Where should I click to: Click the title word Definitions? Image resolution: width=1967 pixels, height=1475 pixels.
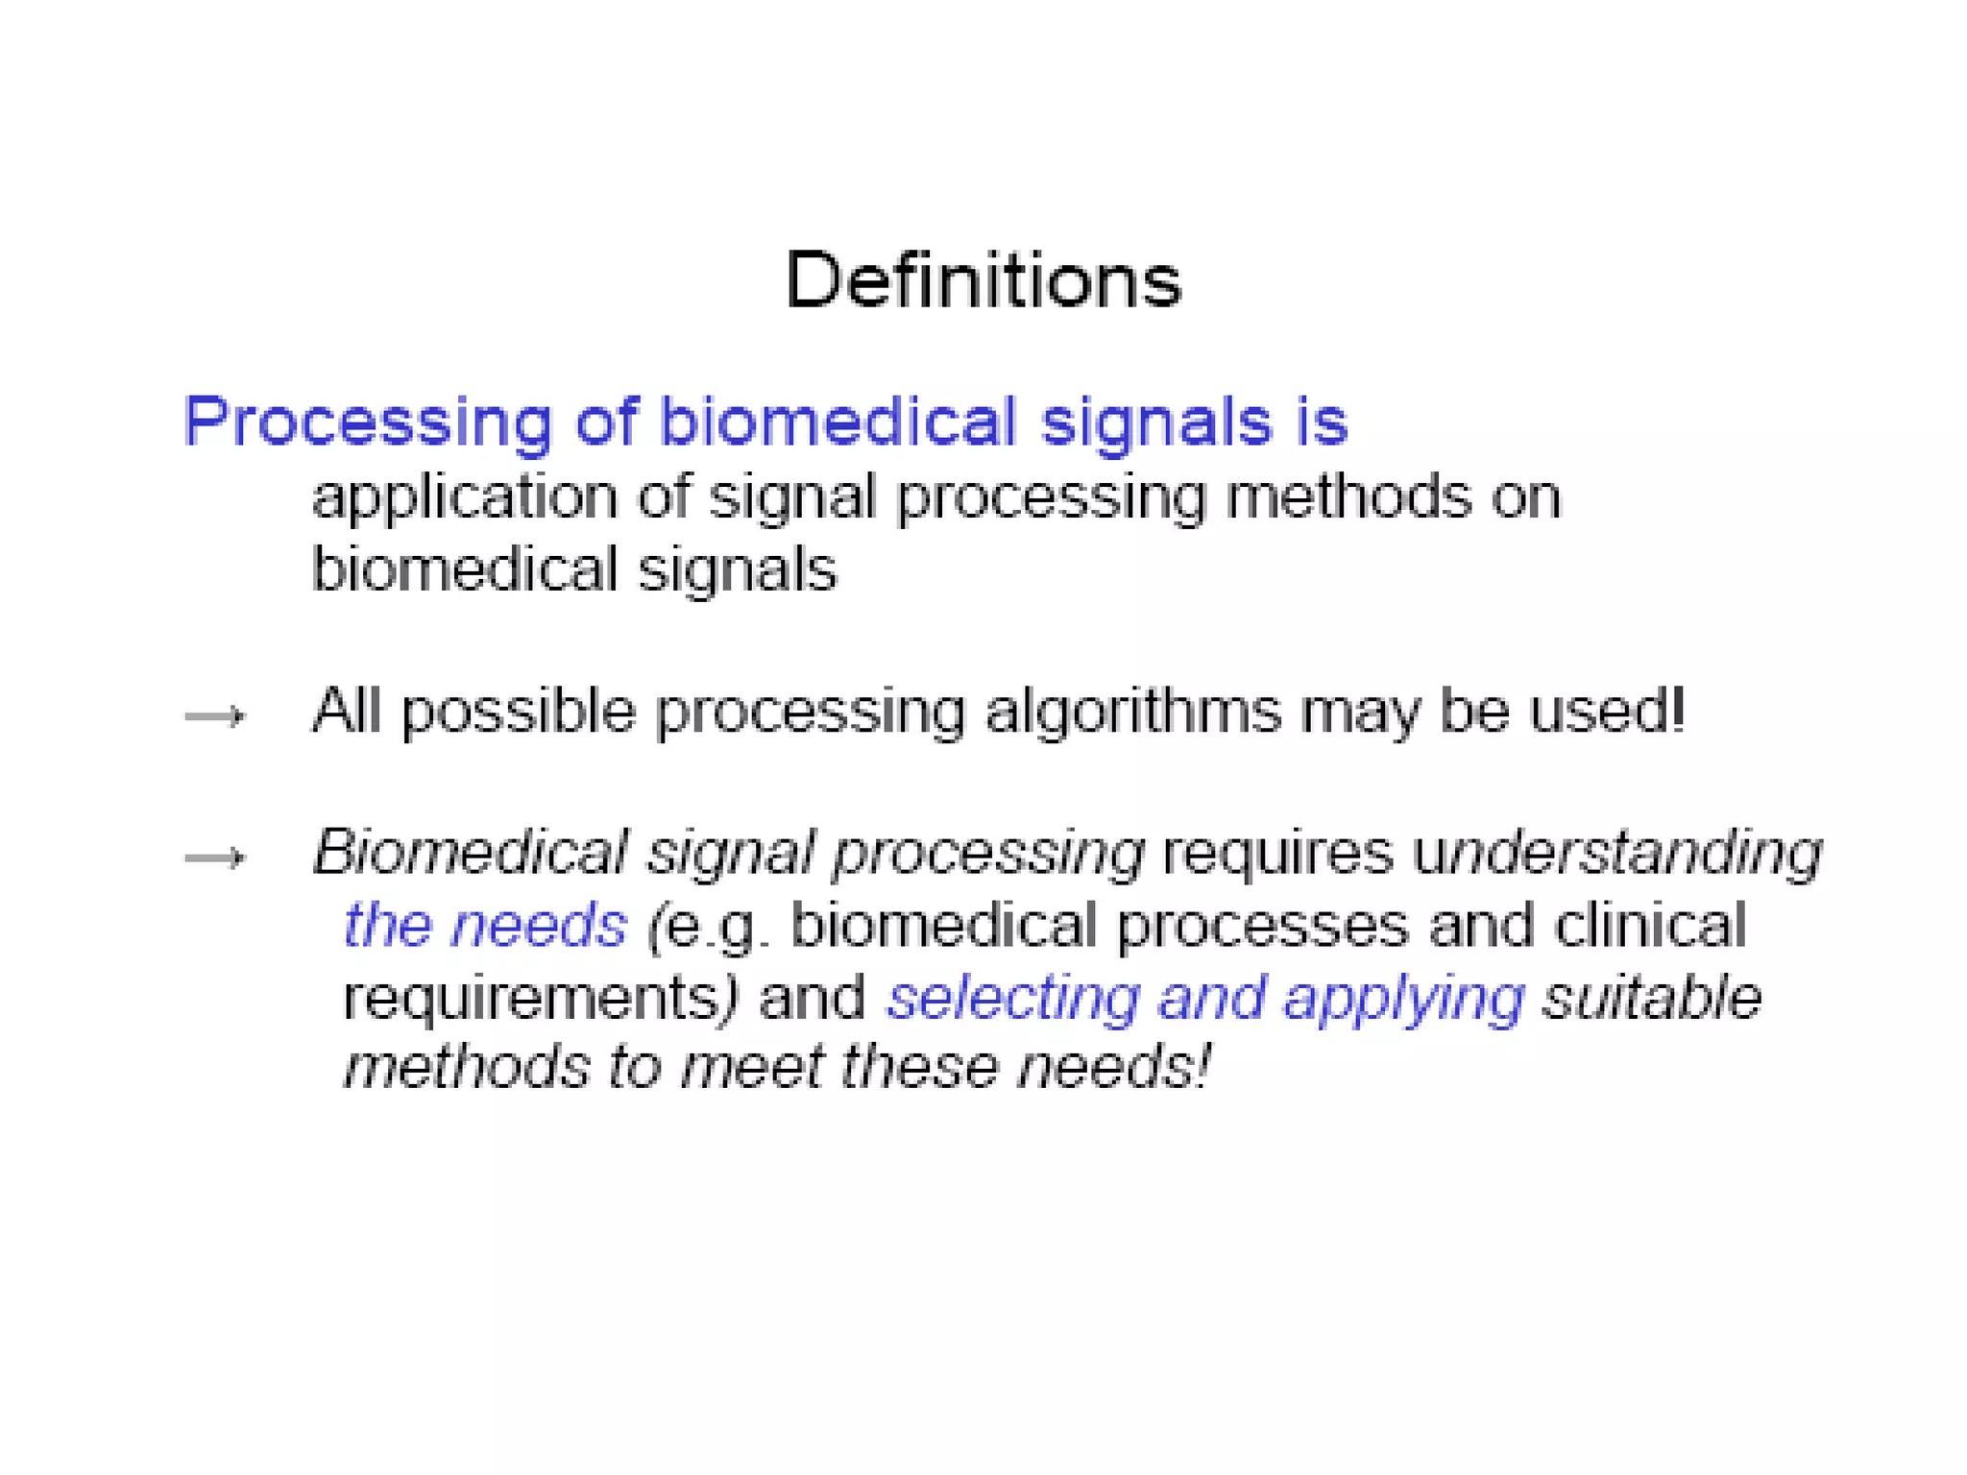tap(983, 280)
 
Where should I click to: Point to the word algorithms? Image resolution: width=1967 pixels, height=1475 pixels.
tap(1133, 713)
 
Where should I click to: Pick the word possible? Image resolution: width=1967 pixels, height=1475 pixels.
tap(519, 713)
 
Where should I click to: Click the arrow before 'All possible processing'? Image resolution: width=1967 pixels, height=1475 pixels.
tap(215, 716)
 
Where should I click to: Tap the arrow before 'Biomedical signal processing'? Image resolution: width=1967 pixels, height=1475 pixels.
tap(215, 858)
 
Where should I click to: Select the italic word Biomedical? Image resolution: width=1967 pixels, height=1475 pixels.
tap(470, 852)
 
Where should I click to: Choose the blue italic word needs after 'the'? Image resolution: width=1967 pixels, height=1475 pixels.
tap(539, 925)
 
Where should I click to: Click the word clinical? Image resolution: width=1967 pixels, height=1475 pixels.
tap(1650, 926)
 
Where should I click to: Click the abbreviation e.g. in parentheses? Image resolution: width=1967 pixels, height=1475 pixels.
tap(711, 927)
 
